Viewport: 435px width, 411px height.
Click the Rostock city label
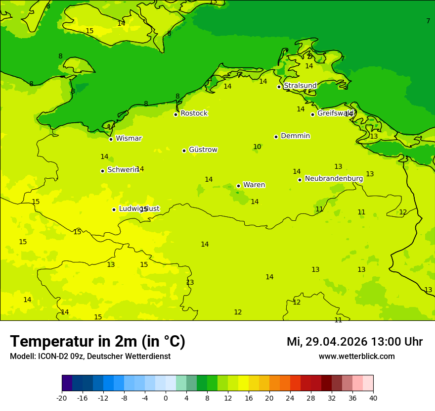(194, 113)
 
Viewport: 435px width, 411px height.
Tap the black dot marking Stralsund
(279, 87)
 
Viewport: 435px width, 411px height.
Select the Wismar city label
(129, 139)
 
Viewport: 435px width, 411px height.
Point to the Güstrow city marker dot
(184, 151)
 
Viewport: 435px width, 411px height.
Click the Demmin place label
(295, 136)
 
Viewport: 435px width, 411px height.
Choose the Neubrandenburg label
(334, 179)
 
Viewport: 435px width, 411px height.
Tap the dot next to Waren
(238, 186)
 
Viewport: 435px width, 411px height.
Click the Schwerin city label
(123, 170)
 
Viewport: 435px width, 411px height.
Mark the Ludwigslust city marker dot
(114, 209)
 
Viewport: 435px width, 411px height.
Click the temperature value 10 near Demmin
(257, 147)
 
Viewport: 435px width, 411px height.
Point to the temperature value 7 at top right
(428, 21)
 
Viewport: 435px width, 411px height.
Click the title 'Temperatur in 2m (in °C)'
(97, 342)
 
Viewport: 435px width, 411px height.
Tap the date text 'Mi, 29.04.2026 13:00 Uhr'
(354, 342)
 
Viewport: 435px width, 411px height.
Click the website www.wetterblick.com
(356, 357)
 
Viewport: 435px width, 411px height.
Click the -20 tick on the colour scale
(62, 398)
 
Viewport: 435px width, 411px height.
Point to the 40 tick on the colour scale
(373, 398)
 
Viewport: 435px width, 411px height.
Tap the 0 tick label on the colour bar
(166, 398)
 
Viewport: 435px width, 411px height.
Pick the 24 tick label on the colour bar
(290, 398)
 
